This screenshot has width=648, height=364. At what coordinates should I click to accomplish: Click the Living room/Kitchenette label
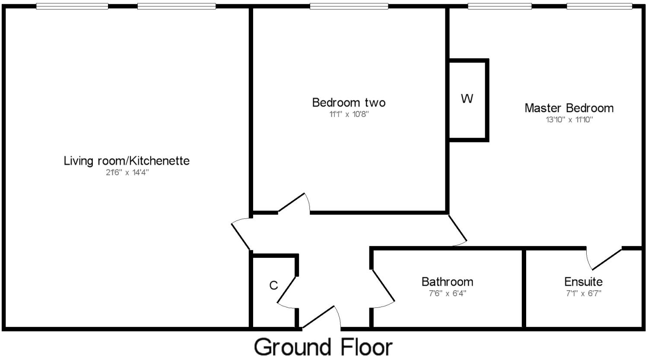click(x=127, y=161)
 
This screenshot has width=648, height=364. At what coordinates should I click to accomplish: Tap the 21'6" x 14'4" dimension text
click(x=127, y=173)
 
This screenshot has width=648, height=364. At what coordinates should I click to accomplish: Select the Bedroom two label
click(x=349, y=103)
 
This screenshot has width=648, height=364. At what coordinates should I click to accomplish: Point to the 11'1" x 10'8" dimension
click(x=349, y=114)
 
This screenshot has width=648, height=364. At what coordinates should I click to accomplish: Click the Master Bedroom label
click(x=569, y=108)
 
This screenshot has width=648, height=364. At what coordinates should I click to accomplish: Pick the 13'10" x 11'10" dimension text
click(x=569, y=120)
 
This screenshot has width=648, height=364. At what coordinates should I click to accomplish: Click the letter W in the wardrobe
click(x=467, y=99)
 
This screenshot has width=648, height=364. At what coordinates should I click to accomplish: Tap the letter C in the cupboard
click(x=273, y=285)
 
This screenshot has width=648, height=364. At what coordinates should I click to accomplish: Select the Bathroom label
click(x=447, y=282)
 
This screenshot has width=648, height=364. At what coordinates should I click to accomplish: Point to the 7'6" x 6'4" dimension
click(x=447, y=294)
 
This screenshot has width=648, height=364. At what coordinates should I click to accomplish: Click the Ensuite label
click(x=583, y=282)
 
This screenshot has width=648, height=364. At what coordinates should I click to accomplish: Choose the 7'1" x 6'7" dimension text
click(x=583, y=294)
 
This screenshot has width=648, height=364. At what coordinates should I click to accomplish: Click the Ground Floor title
click(x=323, y=347)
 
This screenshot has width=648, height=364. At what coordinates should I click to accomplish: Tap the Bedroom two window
click(x=349, y=6)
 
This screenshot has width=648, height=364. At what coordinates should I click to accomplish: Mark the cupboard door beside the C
click(x=286, y=290)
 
